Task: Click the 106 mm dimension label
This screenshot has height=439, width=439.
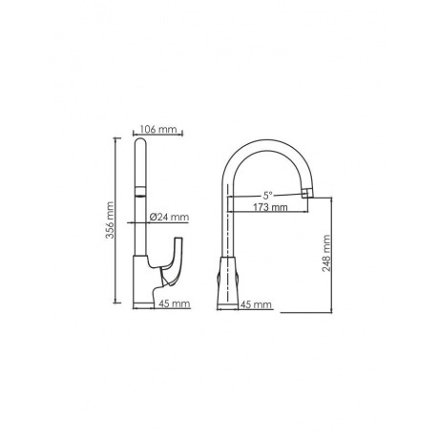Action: click(156, 130)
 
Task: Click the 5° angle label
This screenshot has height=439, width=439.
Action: click(268, 195)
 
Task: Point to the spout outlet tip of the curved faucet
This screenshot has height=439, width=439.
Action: click(306, 194)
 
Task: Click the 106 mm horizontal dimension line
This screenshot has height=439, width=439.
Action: click(156, 136)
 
